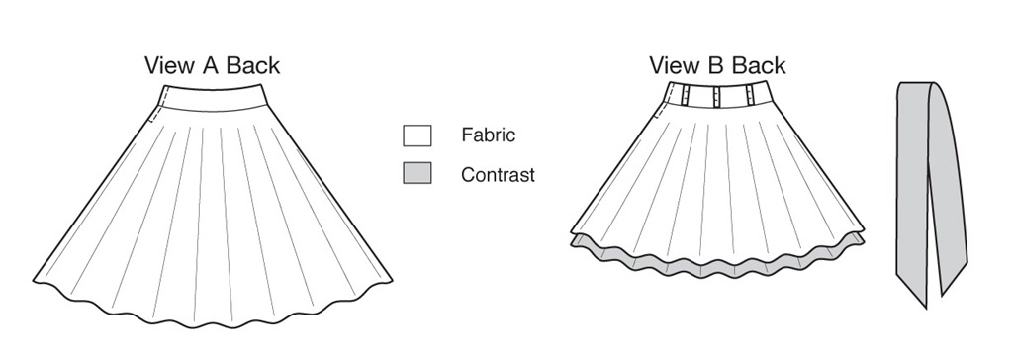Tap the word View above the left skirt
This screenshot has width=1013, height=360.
click(x=168, y=65)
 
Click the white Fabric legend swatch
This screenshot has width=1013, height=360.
click(x=417, y=135)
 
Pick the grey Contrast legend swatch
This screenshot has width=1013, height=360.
click(x=417, y=172)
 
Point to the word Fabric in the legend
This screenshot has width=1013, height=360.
click(x=489, y=135)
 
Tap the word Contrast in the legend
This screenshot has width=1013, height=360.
click(x=499, y=174)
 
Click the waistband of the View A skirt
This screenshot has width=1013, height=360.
click(x=213, y=99)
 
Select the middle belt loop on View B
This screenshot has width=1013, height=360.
click(x=717, y=95)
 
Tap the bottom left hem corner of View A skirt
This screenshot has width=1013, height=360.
click(x=34, y=281)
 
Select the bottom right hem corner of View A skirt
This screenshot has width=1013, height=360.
click(x=392, y=281)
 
